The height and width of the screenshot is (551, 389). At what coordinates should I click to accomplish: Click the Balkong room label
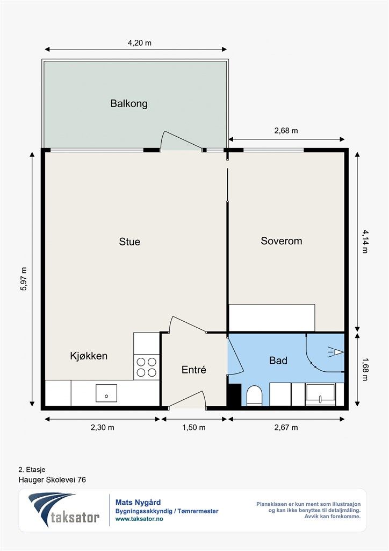point(129,104)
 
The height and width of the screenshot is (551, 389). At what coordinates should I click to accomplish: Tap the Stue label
point(129,242)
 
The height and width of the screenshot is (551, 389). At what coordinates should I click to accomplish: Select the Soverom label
point(282,241)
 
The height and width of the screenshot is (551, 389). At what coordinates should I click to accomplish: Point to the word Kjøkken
point(89,356)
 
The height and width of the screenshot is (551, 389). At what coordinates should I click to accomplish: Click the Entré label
point(193,370)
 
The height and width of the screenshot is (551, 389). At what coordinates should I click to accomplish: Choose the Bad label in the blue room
point(278,361)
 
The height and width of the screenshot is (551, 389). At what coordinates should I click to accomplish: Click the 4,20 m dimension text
point(140,43)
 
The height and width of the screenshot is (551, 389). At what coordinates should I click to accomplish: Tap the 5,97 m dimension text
point(24,279)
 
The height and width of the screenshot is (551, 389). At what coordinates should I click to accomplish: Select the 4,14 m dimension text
point(365,242)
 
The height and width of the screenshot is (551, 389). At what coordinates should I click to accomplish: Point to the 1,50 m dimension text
point(193,427)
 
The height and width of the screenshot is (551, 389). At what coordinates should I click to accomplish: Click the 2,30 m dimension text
point(103,427)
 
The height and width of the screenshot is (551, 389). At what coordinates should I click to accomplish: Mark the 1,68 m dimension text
point(365,369)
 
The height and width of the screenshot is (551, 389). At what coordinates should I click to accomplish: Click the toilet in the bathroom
point(254,395)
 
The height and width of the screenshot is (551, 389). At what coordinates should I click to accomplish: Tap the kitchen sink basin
point(106,393)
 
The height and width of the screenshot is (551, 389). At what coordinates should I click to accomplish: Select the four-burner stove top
point(147,367)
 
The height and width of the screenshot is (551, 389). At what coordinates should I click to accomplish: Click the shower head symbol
point(336,352)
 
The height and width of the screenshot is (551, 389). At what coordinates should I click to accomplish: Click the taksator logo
point(63,510)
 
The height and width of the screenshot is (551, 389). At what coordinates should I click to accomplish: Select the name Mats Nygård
point(138,503)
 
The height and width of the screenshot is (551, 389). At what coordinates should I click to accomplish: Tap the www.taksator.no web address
point(139,519)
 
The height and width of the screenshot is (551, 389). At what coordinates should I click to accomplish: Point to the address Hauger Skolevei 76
point(52,479)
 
